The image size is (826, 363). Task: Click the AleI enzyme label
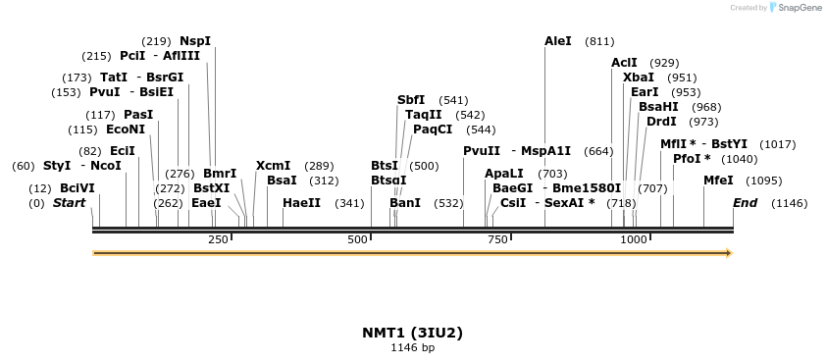point(557,41)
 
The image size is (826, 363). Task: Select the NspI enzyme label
point(195,41)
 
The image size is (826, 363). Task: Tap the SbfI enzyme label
point(411,100)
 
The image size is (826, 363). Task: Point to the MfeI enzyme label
point(718,181)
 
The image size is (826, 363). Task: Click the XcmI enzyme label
point(273,166)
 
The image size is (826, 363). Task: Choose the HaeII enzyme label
point(301,203)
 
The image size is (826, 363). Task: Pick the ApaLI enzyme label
point(504,173)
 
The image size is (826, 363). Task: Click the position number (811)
point(599,41)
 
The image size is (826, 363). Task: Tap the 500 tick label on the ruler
point(357,239)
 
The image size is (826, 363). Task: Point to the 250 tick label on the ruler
point(218,239)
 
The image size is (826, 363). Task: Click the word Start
point(69,203)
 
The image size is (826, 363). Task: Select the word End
point(745,203)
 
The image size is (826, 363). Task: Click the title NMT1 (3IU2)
point(412,333)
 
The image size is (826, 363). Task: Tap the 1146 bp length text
point(412,347)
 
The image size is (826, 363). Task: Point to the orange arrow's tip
point(730,253)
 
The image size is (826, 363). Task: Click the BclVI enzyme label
point(77,187)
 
